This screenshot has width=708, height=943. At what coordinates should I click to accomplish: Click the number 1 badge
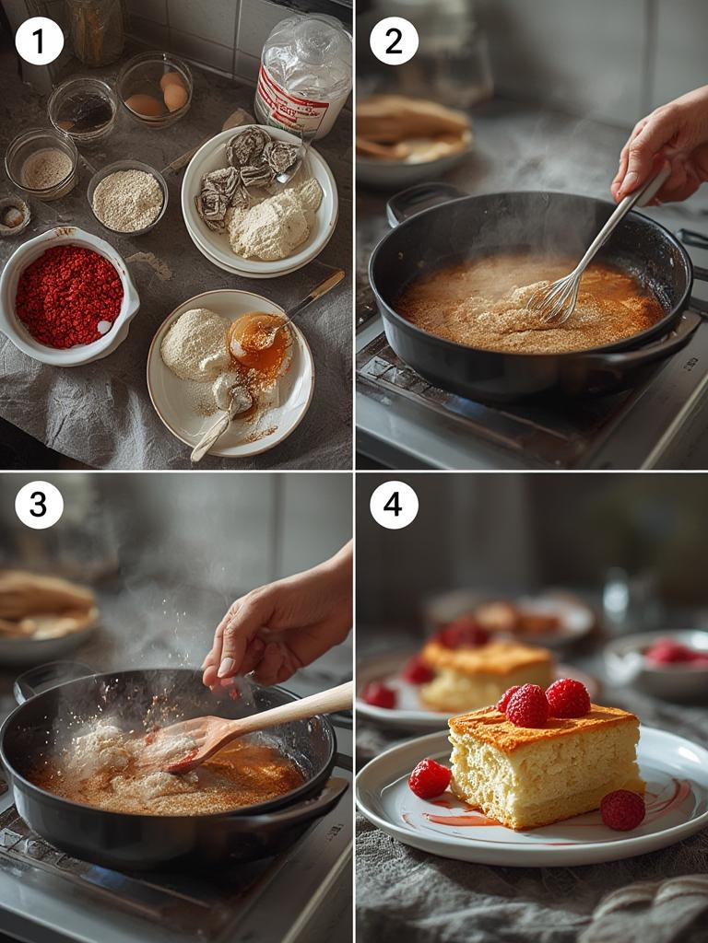(40, 41)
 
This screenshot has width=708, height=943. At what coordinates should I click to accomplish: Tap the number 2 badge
(394, 41)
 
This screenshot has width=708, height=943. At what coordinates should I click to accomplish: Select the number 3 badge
(40, 505)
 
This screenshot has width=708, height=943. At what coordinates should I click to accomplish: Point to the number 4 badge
(394, 505)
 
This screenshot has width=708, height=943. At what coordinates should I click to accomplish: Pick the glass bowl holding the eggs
(155, 90)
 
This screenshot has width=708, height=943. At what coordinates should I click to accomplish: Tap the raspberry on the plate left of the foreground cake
(430, 778)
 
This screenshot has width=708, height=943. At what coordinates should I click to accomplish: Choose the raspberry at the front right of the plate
(623, 809)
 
